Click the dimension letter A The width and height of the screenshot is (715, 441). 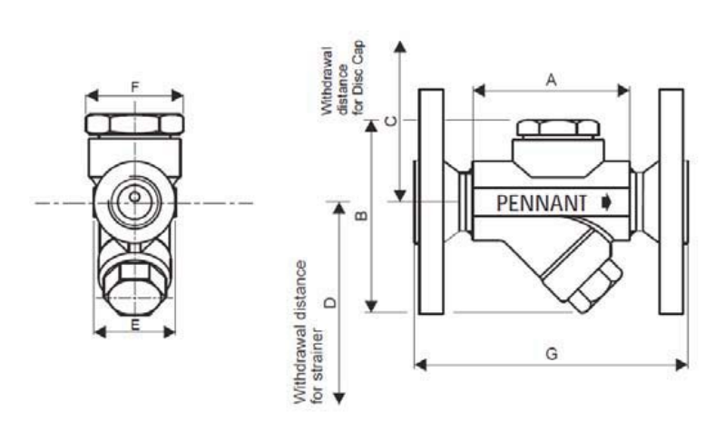[550, 80]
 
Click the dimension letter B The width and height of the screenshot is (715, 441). [359, 215]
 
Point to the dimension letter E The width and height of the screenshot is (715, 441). [134, 323]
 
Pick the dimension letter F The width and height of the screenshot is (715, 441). [134, 87]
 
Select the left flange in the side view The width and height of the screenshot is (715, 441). [429, 201]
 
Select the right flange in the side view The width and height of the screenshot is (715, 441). [672, 201]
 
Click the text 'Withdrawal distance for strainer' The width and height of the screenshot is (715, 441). [308, 331]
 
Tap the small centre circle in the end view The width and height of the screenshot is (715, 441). [134, 196]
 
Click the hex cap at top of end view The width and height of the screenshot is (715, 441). [134, 122]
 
